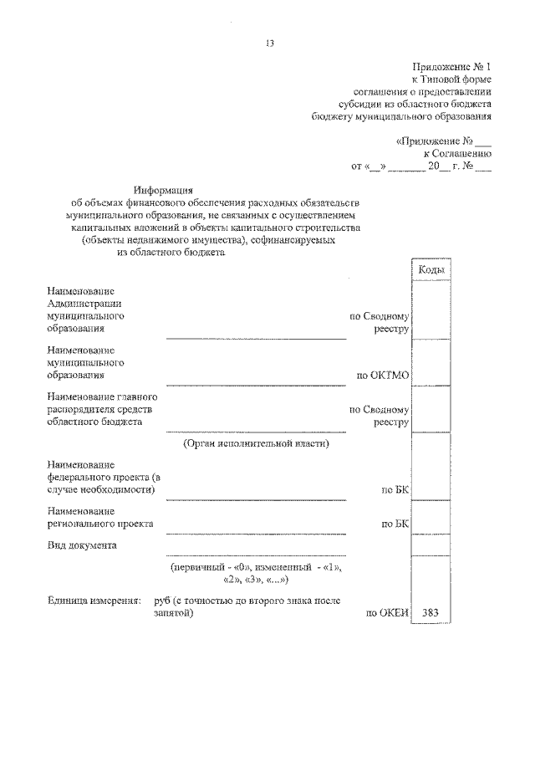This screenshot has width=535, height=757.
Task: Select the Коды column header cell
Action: (x=431, y=270)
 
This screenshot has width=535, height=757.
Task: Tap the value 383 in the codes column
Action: (x=431, y=612)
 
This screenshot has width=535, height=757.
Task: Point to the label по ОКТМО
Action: (x=383, y=376)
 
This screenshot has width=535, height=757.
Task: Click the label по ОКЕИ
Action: (x=386, y=613)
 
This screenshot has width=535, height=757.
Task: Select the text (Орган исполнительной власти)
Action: (x=256, y=443)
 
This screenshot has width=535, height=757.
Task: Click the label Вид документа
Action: (x=82, y=545)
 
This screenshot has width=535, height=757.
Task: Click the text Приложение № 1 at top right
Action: (x=452, y=66)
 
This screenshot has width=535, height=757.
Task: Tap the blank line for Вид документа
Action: (x=256, y=554)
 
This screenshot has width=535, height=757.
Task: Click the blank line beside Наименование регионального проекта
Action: (x=256, y=531)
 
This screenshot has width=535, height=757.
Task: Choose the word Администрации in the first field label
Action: (x=85, y=304)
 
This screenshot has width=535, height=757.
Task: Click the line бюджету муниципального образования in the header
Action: (x=401, y=117)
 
